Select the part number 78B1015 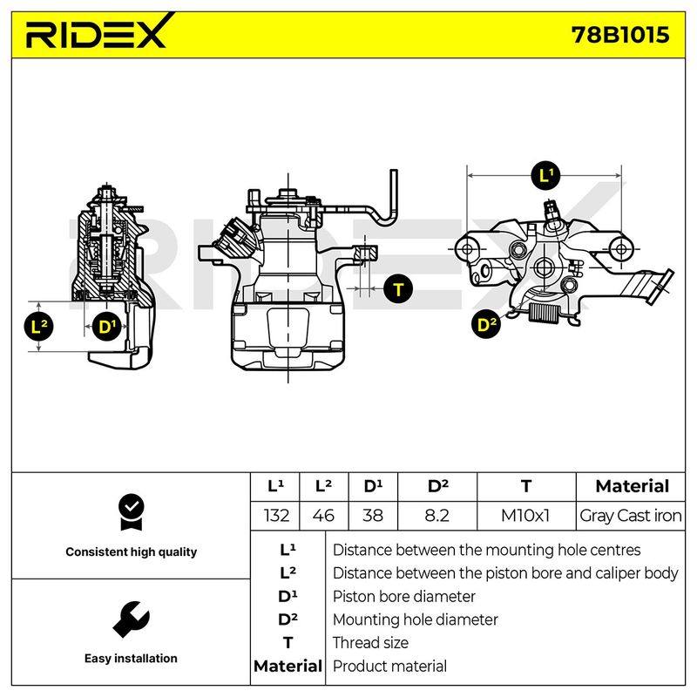coord(620,35)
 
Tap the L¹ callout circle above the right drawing coord(546,176)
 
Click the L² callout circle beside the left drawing coord(38,328)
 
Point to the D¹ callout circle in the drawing coord(106,328)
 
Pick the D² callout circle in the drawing coord(486,324)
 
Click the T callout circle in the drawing coord(398,289)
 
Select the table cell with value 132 coord(275,516)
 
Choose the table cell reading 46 coord(323,516)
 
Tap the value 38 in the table coord(373,516)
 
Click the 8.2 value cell coord(437,516)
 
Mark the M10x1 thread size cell coord(525,516)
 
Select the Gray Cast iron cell coord(630,516)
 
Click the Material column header coord(632,486)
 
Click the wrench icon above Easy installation coord(132,619)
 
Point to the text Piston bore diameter coord(404,597)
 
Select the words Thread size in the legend coord(370,643)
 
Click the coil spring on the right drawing coord(543,312)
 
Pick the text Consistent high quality coord(132,552)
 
